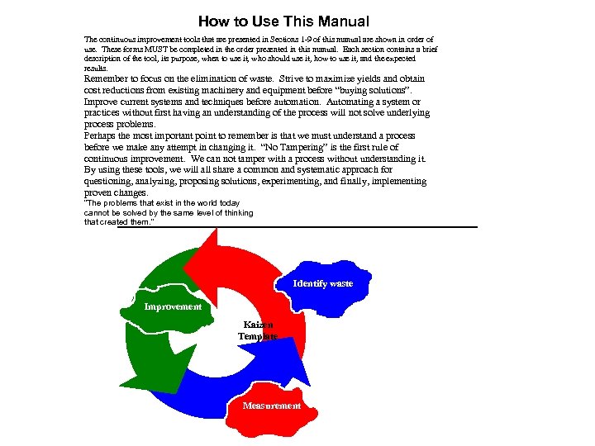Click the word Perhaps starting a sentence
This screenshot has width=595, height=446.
tap(103, 135)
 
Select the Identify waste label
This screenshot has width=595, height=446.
tap(322, 283)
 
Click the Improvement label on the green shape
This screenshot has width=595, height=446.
tap(173, 306)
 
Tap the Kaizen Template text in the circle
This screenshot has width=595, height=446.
tap(258, 330)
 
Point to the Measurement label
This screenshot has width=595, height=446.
tap(271, 406)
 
